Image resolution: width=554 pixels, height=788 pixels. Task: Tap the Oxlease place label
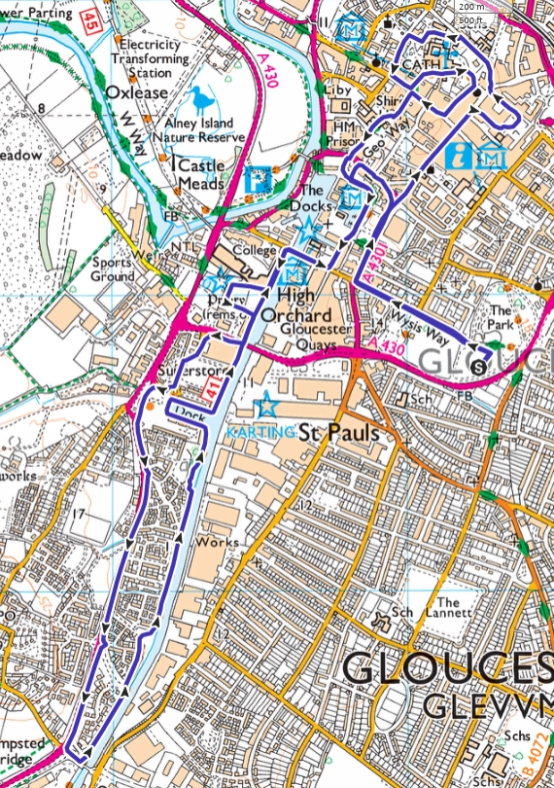(137, 92)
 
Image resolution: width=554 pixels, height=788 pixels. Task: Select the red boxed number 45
(90, 18)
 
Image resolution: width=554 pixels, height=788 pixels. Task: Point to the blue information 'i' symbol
(462, 155)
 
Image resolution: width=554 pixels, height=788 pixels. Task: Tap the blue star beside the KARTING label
(262, 406)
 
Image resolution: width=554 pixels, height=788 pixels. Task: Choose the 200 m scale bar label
(473, 7)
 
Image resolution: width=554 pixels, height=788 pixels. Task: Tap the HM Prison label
(344, 134)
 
